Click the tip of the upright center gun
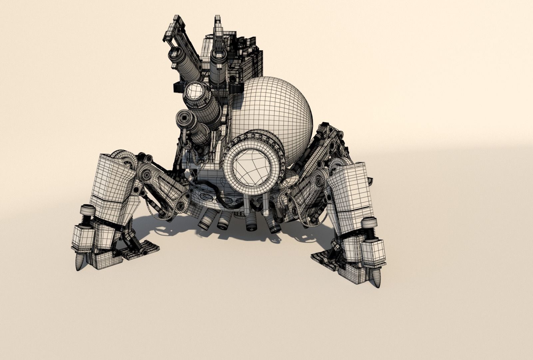coord(218,18)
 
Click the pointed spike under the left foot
coord(79,262)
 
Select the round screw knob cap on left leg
coord(88,210)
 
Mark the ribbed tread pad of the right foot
coord(325,260)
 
